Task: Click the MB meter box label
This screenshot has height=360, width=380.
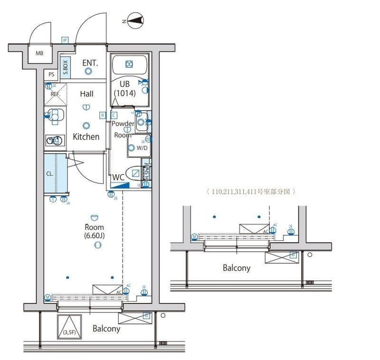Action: [x=39, y=53]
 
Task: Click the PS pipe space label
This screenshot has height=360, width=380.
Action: [x=51, y=75]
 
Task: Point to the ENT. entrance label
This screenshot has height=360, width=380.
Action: [x=90, y=63]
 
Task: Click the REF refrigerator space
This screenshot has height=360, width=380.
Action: [x=55, y=94]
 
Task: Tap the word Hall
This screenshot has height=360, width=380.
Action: [x=86, y=94]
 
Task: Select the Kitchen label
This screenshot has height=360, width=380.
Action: [x=86, y=137]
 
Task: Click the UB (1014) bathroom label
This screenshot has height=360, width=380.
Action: [x=124, y=89]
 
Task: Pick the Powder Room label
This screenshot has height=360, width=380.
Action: [x=123, y=129]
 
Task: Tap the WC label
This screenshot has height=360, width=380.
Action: [x=118, y=177]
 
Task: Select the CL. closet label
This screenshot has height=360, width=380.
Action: [x=50, y=174]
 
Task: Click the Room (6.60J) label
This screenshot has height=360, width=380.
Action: [x=94, y=231]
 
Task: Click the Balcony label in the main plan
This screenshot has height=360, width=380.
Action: [x=106, y=329]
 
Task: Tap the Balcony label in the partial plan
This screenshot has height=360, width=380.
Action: [x=237, y=268]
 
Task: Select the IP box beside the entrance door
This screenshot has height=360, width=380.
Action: [x=65, y=40]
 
